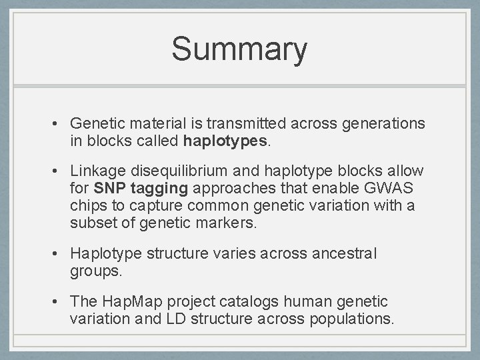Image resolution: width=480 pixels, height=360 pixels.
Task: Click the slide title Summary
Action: (239, 49)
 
